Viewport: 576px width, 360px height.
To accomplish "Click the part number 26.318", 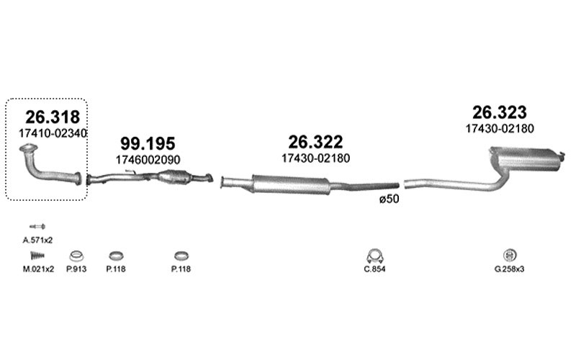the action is pos(53,117).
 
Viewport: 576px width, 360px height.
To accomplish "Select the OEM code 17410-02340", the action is pos(53,133).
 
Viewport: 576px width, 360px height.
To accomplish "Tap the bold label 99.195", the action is pos(148,143).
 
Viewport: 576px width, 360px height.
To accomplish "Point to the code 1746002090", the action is pos(148,160).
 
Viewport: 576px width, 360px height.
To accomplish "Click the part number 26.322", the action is pos(315,142).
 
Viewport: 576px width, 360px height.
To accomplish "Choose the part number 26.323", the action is pos(500,112).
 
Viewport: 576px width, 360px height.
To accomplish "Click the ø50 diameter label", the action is pos(389,199).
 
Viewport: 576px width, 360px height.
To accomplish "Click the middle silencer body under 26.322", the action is pos(291,184).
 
